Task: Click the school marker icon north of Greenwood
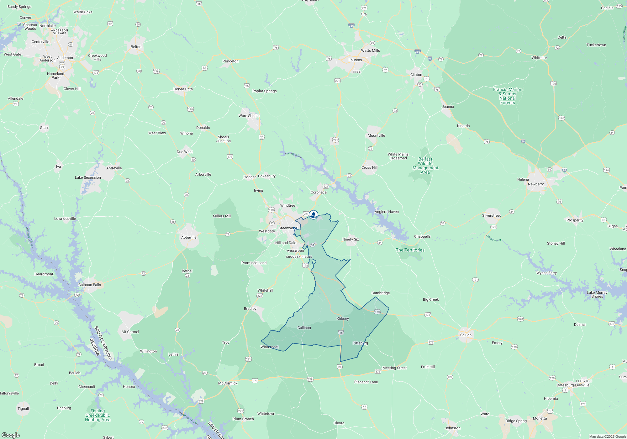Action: (x=313, y=215)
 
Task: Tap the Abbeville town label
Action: (x=189, y=237)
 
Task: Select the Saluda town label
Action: (x=466, y=335)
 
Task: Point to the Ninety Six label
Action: (x=350, y=239)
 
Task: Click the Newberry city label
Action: (x=536, y=184)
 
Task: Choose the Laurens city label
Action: (x=355, y=60)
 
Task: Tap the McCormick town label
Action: (x=228, y=383)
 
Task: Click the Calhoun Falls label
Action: (x=90, y=285)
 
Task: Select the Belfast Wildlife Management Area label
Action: (x=425, y=166)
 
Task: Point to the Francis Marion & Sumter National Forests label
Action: (x=508, y=96)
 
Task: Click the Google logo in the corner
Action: (x=10, y=435)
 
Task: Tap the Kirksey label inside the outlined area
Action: (x=343, y=319)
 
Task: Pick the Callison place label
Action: (x=304, y=328)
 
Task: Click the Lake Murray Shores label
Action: (x=597, y=294)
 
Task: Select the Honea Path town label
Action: (x=183, y=89)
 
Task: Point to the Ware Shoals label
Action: (x=249, y=116)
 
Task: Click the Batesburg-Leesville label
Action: (x=573, y=385)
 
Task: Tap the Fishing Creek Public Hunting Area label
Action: (x=98, y=415)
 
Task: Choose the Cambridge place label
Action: (x=381, y=293)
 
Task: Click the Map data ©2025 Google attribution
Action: (x=608, y=436)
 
